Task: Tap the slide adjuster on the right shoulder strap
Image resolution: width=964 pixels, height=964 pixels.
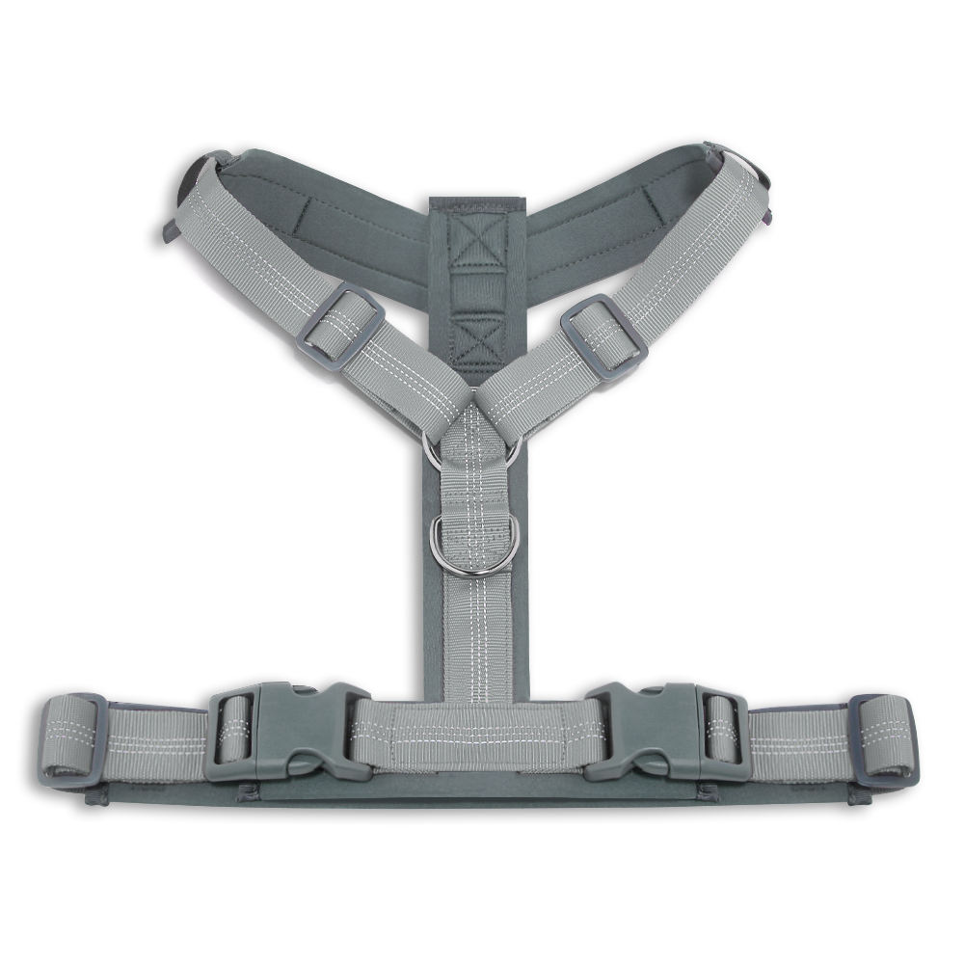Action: (603, 337)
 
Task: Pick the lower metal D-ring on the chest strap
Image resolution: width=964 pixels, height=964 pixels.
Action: (475, 546)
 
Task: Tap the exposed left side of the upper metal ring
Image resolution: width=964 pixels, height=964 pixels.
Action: (430, 450)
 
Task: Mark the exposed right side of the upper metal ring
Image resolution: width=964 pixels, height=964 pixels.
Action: (515, 448)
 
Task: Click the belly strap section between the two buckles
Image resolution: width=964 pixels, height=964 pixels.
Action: (479, 736)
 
